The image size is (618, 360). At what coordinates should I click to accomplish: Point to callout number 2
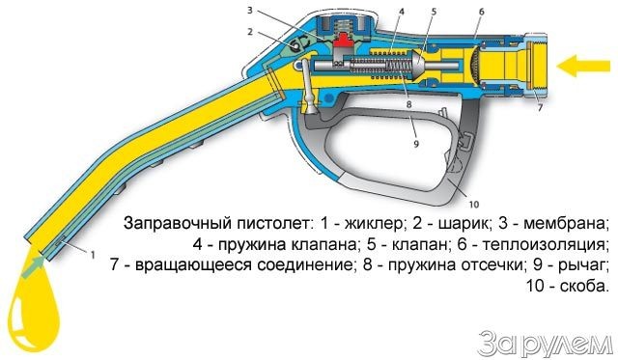click(x=249, y=32)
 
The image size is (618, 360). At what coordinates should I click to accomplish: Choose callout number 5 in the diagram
click(x=435, y=12)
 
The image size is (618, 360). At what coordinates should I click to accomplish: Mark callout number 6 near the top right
click(x=480, y=12)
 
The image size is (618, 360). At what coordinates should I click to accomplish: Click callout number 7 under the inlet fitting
click(x=539, y=107)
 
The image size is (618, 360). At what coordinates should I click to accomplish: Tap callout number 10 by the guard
click(x=473, y=204)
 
